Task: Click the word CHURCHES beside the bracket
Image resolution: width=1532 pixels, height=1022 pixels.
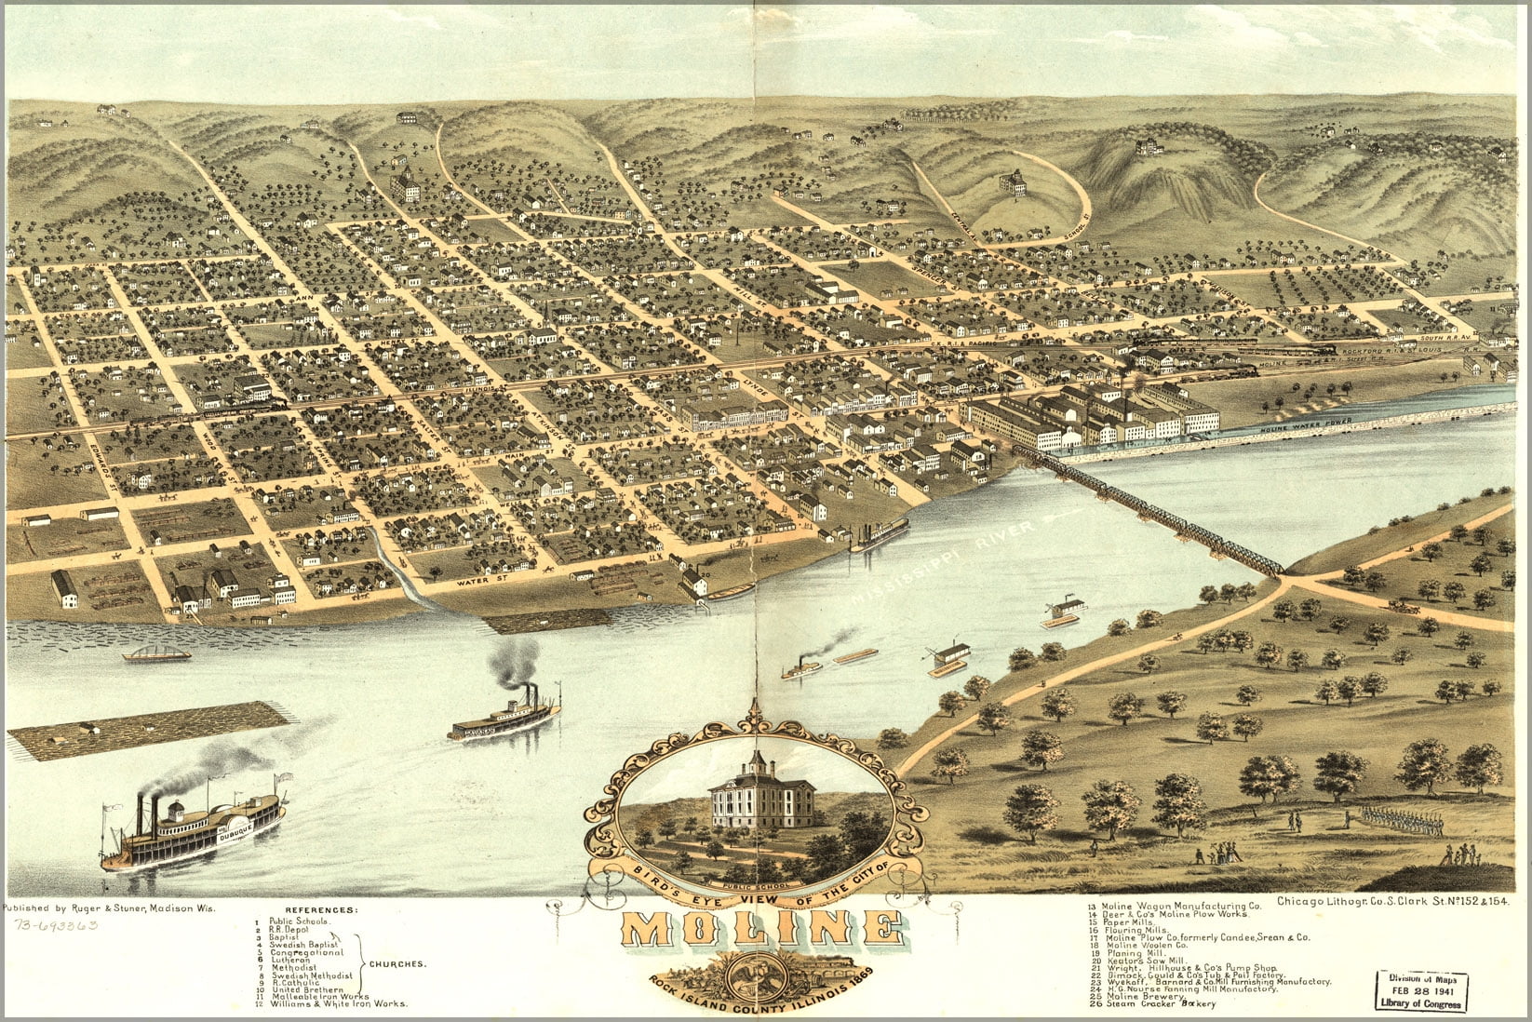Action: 398,964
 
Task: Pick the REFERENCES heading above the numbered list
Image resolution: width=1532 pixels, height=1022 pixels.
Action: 320,909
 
